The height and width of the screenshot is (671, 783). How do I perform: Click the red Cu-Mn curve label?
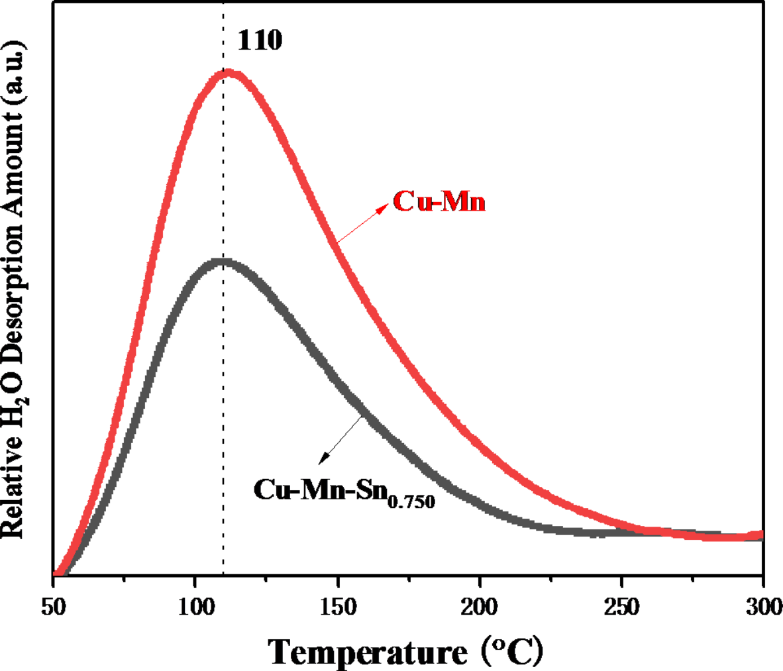(x=439, y=201)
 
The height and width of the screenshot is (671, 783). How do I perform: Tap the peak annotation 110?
(x=260, y=41)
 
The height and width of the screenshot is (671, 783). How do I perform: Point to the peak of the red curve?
(x=227, y=72)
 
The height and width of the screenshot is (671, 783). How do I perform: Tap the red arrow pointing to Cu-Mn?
(x=362, y=223)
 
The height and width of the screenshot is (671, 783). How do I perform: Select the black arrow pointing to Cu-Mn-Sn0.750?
(x=342, y=439)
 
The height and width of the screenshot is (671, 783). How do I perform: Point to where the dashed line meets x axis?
(x=223, y=575)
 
